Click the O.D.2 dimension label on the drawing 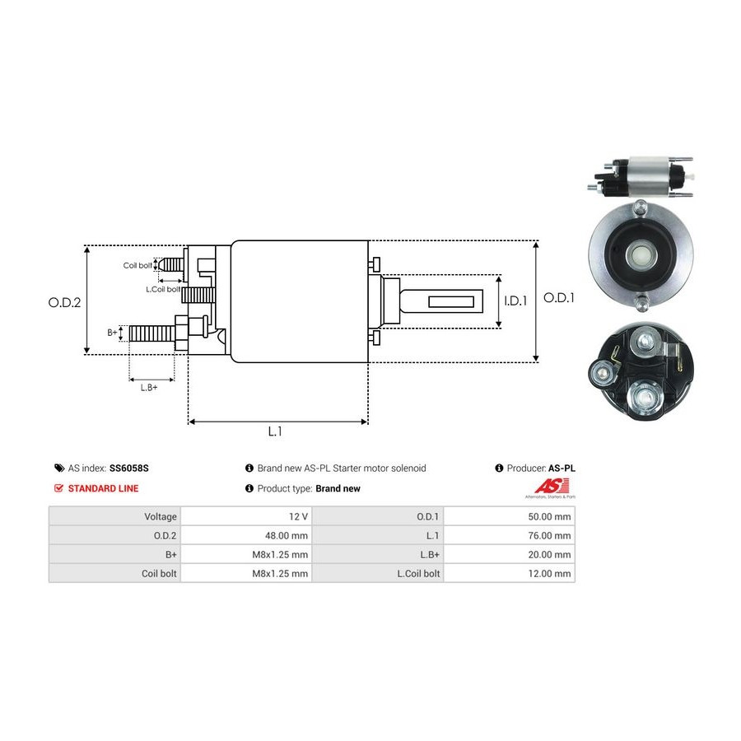click(64, 302)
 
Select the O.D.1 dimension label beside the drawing click(559, 298)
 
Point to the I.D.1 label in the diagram click(515, 301)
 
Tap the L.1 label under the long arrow click(276, 431)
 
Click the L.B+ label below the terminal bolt click(149, 387)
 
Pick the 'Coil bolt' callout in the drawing click(137, 265)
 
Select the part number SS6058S click(129, 468)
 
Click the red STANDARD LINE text click(103, 488)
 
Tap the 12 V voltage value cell click(299, 516)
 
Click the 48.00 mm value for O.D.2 click(287, 535)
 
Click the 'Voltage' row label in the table click(161, 516)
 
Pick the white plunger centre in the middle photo click(639, 255)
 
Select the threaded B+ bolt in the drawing click(153, 333)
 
